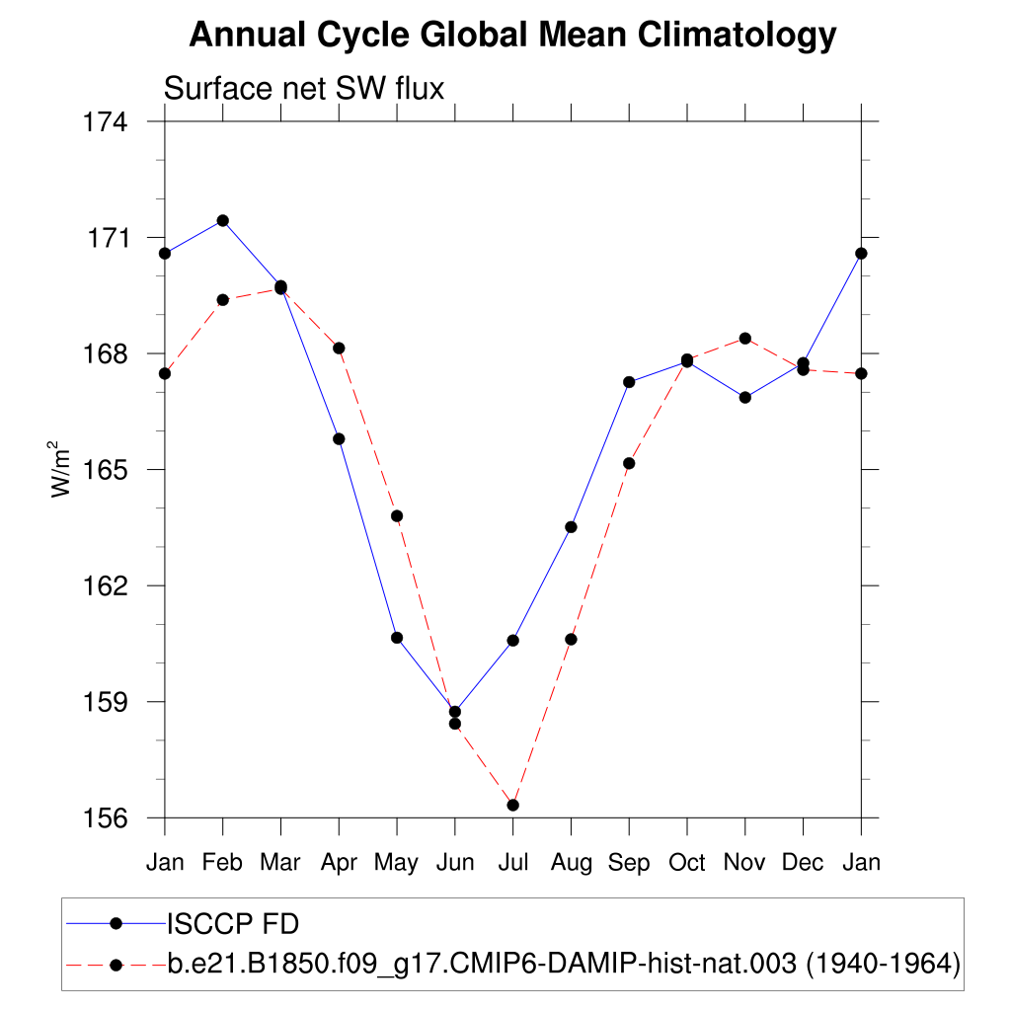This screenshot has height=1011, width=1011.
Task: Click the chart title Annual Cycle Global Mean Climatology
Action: coord(512,36)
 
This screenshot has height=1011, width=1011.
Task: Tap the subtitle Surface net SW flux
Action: coord(304,89)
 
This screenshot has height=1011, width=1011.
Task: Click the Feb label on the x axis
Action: coord(222,862)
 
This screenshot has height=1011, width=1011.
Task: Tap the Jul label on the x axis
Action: coord(512,862)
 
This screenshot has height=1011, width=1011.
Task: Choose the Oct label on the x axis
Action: coord(687,862)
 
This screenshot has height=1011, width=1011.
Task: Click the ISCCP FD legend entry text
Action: coord(233,924)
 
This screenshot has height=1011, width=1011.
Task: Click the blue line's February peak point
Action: coord(223,220)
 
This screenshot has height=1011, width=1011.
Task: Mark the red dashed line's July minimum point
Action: coord(512,805)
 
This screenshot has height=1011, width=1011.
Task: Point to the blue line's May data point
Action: coord(397,638)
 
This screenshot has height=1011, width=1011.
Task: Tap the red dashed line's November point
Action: coord(745,339)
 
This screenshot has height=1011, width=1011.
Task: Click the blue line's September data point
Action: coord(629,382)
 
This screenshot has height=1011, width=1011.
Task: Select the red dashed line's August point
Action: coord(571,639)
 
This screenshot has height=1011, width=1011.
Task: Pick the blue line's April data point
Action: coord(339,438)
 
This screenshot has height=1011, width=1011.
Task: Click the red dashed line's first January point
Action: coord(165,373)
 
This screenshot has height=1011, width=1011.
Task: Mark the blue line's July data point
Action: coord(512,641)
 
